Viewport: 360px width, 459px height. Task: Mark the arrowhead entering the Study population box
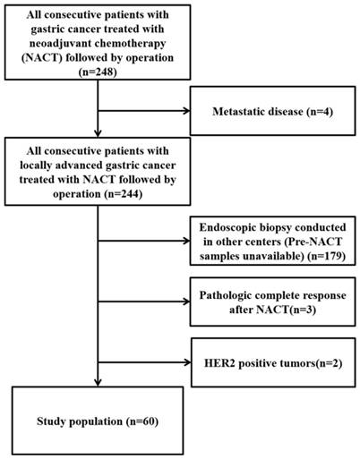pos(97,382)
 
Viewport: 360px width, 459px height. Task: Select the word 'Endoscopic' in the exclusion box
pos(226,229)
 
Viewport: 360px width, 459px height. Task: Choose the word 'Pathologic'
pos(232,295)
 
